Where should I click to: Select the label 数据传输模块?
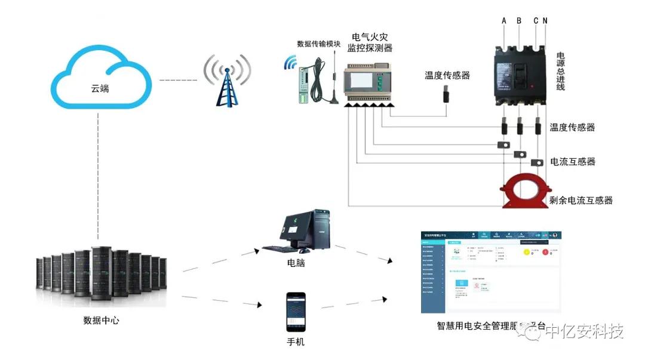(x=319, y=44)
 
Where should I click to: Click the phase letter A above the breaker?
(x=504, y=21)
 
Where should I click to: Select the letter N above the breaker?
(x=545, y=21)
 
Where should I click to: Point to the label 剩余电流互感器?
(x=581, y=200)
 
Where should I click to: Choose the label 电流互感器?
(x=572, y=162)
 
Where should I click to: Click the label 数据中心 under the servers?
(x=101, y=320)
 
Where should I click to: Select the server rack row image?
(x=102, y=275)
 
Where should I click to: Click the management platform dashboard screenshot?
(x=491, y=272)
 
